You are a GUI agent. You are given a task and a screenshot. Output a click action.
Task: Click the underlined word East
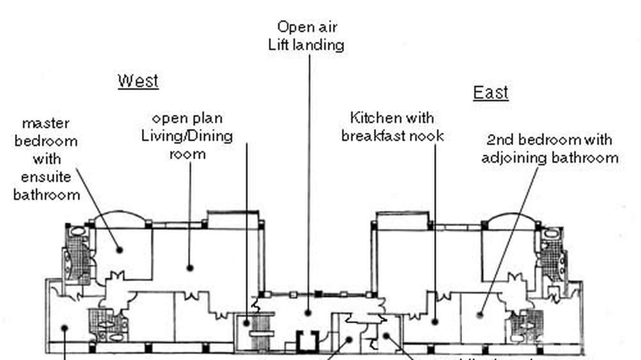click(x=491, y=92)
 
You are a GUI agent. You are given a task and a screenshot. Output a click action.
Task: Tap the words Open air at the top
click(x=307, y=27)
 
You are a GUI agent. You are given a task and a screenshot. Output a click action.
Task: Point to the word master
click(x=46, y=123)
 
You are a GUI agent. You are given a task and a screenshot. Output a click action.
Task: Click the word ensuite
click(x=46, y=177)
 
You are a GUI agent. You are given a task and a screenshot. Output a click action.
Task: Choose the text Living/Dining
click(x=187, y=136)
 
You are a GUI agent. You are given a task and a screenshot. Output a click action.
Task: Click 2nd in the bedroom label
click(x=500, y=140)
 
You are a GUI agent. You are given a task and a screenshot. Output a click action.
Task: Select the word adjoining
click(x=517, y=158)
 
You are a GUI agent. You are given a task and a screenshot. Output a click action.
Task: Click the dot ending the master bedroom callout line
click(x=120, y=250)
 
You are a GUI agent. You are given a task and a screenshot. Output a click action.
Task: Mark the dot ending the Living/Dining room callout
click(x=190, y=268)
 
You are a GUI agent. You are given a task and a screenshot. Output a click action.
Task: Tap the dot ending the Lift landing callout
click(x=308, y=313)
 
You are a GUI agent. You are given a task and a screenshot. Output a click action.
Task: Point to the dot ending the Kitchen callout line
click(x=435, y=321)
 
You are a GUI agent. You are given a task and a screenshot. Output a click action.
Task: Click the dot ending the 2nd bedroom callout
click(x=480, y=314)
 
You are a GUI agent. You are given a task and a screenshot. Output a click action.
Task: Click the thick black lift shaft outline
click(x=306, y=340)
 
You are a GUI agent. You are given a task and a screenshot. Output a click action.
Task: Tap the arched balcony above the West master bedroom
click(x=119, y=220)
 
